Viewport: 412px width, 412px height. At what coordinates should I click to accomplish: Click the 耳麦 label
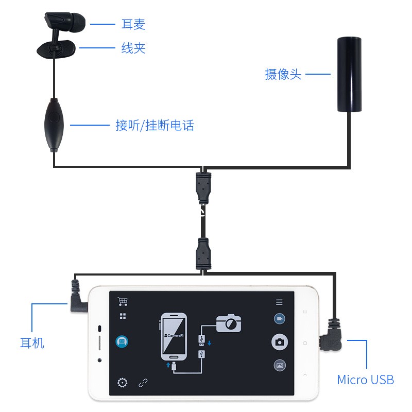click(133, 24)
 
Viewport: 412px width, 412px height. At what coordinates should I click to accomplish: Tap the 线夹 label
click(133, 48)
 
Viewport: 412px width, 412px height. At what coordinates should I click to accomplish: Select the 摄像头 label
click(283, 74)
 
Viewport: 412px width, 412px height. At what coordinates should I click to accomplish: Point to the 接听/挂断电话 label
click(155, 125)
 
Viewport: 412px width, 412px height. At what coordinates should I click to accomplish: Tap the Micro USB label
click(365, 380)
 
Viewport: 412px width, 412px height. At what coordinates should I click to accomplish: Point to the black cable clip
click(57, 49)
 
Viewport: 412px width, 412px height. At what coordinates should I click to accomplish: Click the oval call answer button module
click(54, 124)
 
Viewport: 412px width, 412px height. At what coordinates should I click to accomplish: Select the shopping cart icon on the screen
click(123, 301)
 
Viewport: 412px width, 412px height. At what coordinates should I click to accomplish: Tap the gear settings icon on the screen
click(123, 383)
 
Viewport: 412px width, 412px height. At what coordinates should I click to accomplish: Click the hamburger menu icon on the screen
click(279, 302)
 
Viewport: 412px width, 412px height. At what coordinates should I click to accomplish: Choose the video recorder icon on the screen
click(280, 319)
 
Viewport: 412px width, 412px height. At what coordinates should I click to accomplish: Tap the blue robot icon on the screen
click(123, 341)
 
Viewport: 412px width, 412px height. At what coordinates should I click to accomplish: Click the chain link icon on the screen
click(143, 383)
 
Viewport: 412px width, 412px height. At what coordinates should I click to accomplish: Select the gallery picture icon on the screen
click(280, 365)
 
